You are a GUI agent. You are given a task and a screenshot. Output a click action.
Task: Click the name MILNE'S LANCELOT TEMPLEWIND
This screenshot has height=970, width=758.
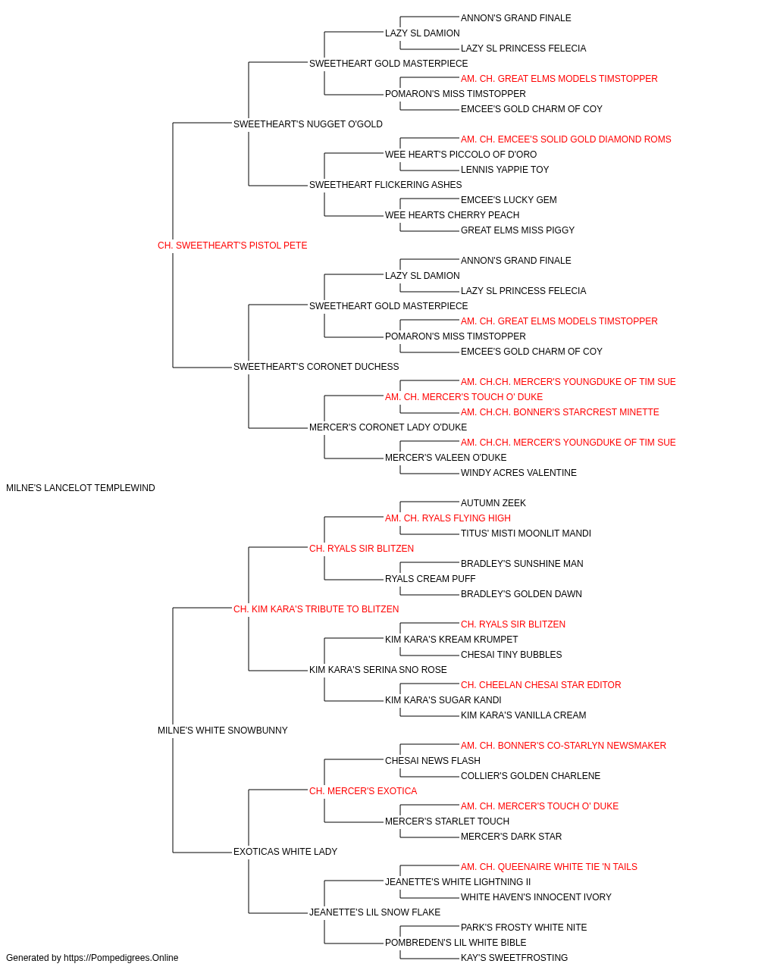pos(80,488)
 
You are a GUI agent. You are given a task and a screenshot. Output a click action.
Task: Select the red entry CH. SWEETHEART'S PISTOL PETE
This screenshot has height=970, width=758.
pos(232,246)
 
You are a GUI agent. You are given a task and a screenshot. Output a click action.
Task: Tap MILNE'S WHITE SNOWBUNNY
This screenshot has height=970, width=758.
pos(222,731)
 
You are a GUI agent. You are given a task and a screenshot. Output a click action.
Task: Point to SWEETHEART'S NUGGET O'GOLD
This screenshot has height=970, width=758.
pos(308,124)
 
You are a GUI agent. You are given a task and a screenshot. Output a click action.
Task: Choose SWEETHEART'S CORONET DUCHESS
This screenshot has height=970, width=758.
pos(316,367)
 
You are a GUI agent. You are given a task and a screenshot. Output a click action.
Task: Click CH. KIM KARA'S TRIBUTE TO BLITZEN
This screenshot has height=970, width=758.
pos(316,609)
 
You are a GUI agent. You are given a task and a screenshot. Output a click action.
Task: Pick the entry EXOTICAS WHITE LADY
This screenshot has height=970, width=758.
pos(285,852)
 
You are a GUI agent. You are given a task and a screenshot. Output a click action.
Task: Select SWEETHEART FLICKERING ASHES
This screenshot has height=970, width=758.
pos(385,185)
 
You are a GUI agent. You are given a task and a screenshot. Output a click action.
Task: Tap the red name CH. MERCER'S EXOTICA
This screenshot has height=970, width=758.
pos(363,791)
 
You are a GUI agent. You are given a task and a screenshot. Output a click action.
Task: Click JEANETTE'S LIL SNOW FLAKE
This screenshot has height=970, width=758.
pos(374,912)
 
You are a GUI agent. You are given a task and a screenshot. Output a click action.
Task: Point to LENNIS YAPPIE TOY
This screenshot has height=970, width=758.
pos(504,170)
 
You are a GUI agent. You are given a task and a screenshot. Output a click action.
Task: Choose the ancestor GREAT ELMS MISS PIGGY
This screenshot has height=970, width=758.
pos(518,230)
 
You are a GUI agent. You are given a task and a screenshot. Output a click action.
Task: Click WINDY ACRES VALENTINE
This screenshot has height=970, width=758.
pos(518,473)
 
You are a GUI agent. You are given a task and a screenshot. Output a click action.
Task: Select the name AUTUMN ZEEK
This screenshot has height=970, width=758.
pos(493,503)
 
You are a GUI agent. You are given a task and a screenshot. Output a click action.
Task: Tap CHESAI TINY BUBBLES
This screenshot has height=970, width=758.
pos(511,655)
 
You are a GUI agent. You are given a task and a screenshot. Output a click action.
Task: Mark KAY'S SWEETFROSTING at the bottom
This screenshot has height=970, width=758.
pos(514,958)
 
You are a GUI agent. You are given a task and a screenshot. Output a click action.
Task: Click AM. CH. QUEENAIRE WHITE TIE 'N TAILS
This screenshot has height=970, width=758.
pos(549,867)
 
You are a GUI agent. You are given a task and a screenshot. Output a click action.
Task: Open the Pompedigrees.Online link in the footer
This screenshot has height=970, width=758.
pos(121,958)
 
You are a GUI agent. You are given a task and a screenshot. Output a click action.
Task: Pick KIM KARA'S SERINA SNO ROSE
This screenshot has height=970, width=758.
pos(377,670)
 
